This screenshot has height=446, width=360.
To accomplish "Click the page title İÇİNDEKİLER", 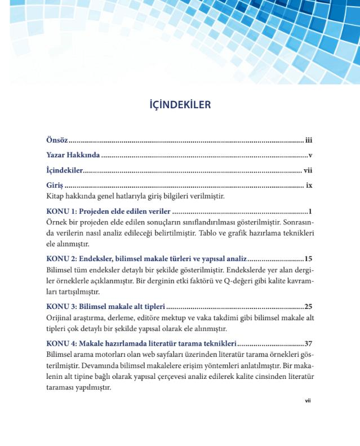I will pyautogui.click(x=180, y=105).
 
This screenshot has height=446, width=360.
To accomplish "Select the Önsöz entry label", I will pyautogui.click(x=57, y=140).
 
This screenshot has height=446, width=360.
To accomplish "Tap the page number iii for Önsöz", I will pyautogui.click(x=309, y=140).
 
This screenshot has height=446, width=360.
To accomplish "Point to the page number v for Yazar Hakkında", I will pyautogui.click(x=310, y=155).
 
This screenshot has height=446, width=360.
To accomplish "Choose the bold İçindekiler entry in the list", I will pyautogui.click(x=64, y=170).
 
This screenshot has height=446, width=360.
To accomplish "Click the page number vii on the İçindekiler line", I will pyautogui.click(x=308, y=170).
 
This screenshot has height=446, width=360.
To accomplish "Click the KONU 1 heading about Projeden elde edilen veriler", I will pyautogui.click(x=108, y=211).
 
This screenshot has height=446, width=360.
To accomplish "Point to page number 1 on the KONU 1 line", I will pyautogui.click(x=310, y=211).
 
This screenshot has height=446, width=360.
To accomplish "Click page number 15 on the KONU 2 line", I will pyautogui.click(x=308, y=259).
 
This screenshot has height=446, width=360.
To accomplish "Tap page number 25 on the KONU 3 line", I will pyautogui.click(x=308, y=307).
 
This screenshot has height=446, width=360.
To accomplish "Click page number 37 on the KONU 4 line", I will pyautogui.click(x=308, y=343).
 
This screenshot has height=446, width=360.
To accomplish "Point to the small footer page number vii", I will pyautogui.click(x=308, y=401).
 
